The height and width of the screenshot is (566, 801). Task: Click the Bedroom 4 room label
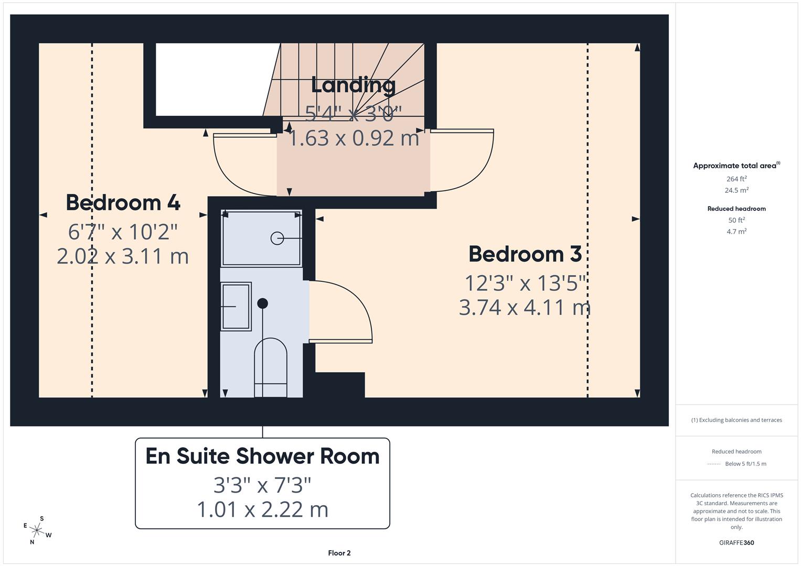click(123, 203)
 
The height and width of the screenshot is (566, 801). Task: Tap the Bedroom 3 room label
click(525, 254)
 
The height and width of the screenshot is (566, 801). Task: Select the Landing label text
click(353, 85)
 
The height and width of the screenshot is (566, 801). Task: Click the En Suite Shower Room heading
click(262, 456)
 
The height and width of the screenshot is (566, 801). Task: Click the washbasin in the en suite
click(236, 306)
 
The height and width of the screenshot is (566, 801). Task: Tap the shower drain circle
click(277, 238)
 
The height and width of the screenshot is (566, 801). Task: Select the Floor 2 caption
click(339, 553)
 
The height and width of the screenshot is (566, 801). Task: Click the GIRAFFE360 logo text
click(736, 543)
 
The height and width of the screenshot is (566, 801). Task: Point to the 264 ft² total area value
click(736, 179)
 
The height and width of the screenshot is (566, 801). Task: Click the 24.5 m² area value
click(736, 190)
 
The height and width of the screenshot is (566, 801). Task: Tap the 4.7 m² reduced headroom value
click(736, 231)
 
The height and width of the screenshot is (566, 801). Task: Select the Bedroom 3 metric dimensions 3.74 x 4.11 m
click(525, 307)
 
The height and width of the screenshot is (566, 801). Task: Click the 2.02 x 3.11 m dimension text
click(123, 256)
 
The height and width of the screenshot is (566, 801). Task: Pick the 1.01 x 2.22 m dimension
click(262, 509)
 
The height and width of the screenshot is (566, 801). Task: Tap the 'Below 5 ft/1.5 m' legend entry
click(745, 464)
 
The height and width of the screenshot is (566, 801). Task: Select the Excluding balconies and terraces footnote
click(736, 420)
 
